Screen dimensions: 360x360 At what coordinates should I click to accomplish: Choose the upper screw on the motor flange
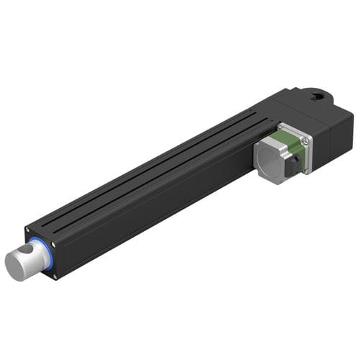305,140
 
